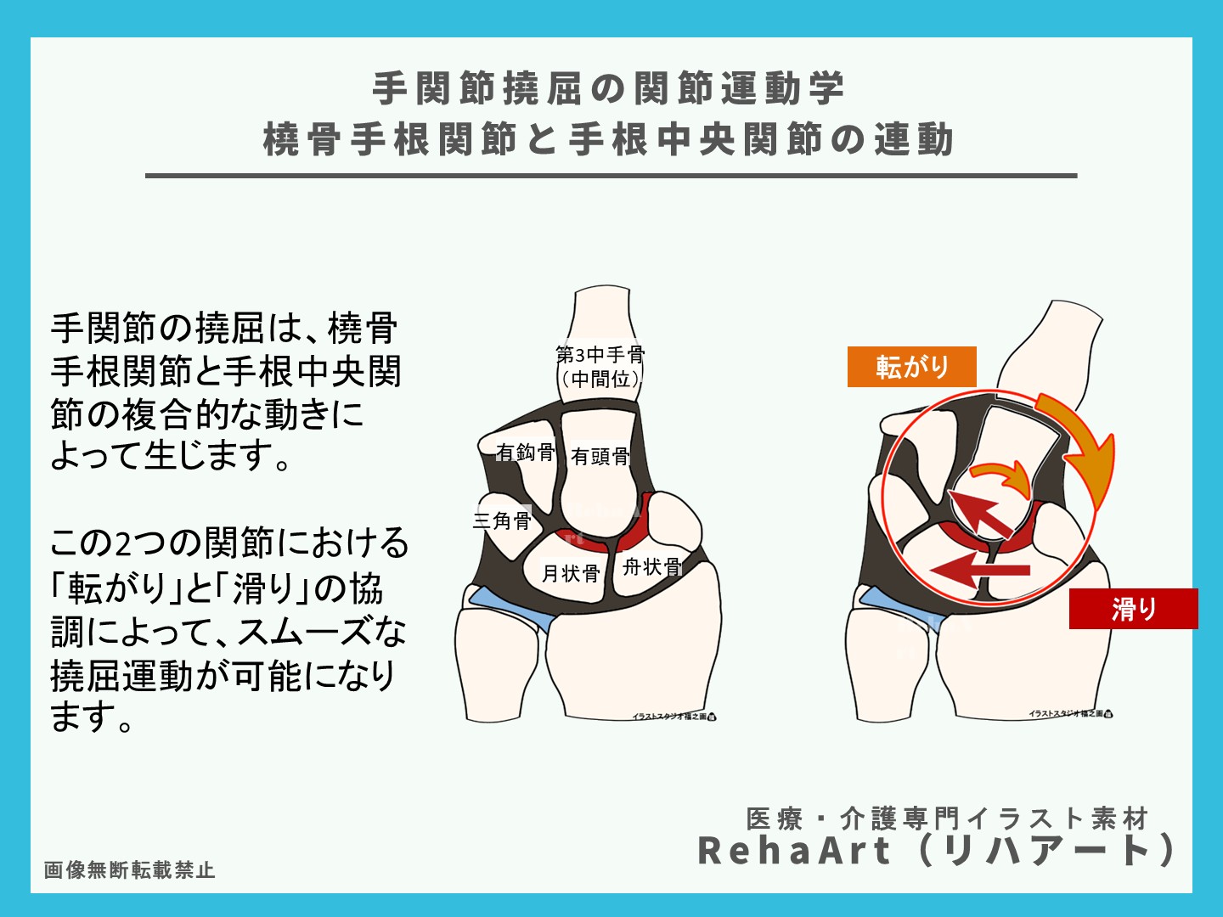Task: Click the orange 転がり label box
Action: (x=911, y=367)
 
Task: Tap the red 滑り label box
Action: (x=1133, y=608)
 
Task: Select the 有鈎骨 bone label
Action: (x=526, y=453)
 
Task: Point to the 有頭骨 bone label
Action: (x=600, y=457)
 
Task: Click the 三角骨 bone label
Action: (x=502, y=520)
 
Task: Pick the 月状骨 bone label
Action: (x=571, y=574)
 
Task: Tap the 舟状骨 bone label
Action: (x=651, y=566)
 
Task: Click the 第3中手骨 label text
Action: (x=600, y=354)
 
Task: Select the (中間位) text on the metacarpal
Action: (x=600, y=379)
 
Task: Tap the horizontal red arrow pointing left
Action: (x=981, y=570)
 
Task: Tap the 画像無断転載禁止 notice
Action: (x=129, y=870)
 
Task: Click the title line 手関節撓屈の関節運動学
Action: (x=609, y=89)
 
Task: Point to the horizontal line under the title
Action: (x=611, y=176)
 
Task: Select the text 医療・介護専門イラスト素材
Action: (x=947, y=819)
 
